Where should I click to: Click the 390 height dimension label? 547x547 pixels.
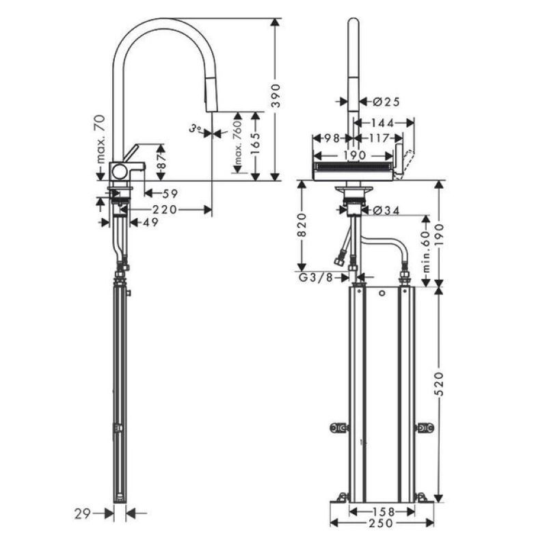[x=276, y=96]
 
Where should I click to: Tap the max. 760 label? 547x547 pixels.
[x=238, y=142]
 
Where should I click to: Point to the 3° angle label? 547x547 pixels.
[x=196, y=129]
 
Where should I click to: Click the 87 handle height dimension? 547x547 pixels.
[x=161, y=162]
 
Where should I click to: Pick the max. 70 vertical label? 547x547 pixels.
[x=101, y=139]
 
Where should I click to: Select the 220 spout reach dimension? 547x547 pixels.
[x=165, y=210]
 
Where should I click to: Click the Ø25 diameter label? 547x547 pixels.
[x=386, y=102]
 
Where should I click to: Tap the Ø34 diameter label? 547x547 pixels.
[x=386, y=210]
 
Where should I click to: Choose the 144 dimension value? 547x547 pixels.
[x=383, y=123]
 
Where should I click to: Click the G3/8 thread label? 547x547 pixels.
[x=316, y=278]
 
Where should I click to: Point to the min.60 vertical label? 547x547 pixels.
[x=426, y=252]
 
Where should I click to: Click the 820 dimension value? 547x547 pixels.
[x=302, y=225]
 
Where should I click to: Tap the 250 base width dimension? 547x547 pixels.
[x=381, y=522]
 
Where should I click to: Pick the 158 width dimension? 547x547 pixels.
[x=383, y=511]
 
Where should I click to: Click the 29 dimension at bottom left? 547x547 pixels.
[x=83, y=513]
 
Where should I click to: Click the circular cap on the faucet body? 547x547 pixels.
[x=120, y=172]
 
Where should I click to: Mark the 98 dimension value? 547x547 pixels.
[x=332, y=139]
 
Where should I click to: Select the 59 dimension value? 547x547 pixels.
[x=170, y=194]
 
